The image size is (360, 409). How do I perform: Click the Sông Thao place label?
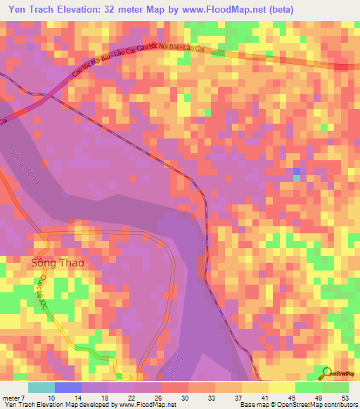(58, 264)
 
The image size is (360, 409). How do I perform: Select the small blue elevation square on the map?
(297, 172)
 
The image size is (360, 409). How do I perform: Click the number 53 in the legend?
(344, 397)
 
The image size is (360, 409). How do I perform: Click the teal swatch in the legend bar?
(41, 387)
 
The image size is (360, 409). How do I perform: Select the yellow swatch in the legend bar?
(281, 387)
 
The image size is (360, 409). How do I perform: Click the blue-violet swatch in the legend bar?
(67, 387)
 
